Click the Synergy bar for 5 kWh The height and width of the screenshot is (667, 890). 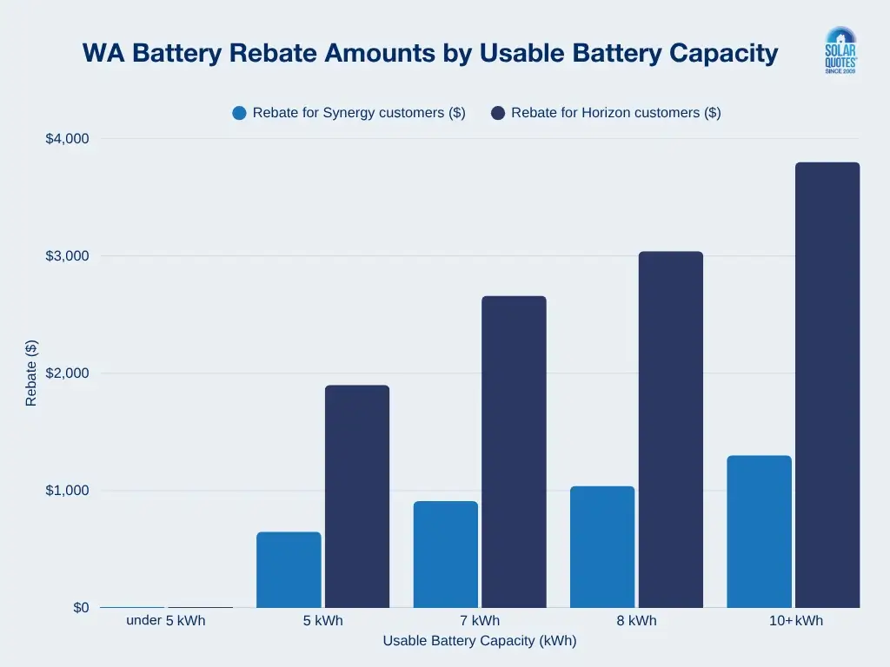(x=289, y=570)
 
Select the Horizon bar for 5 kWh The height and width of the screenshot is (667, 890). (x=357, y=496)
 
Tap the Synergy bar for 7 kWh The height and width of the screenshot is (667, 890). (x=445, y=554)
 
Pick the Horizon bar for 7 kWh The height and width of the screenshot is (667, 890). (x=514, y=452)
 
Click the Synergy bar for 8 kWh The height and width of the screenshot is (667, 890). (x=602, y=546)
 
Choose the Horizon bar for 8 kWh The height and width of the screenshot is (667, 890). (x=670, y=429)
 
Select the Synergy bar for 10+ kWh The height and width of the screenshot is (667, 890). (x=759, y=532)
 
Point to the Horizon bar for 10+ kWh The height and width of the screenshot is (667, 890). (x=827, y=385)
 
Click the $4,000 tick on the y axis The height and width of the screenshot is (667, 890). (x=67, y=139)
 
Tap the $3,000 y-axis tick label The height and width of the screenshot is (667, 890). (x=67, y=256)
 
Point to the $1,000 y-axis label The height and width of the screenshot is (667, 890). (x=67, y=491)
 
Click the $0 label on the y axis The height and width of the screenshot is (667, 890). (x=80, y=608)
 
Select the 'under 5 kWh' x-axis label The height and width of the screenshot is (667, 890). (x=166, y=621)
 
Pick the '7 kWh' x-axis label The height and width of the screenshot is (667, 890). (x=480, y=621)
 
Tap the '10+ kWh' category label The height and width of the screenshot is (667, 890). (x=793, y=621)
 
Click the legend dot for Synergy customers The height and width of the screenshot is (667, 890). (x=240, y=113)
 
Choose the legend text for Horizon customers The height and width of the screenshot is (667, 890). (x=615, y=113)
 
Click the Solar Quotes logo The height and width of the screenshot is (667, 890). (x=840, y=50)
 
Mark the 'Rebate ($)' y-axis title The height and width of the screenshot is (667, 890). (x=31, y=373)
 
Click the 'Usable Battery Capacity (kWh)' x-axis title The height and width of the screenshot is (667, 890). (x=480, y=641)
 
